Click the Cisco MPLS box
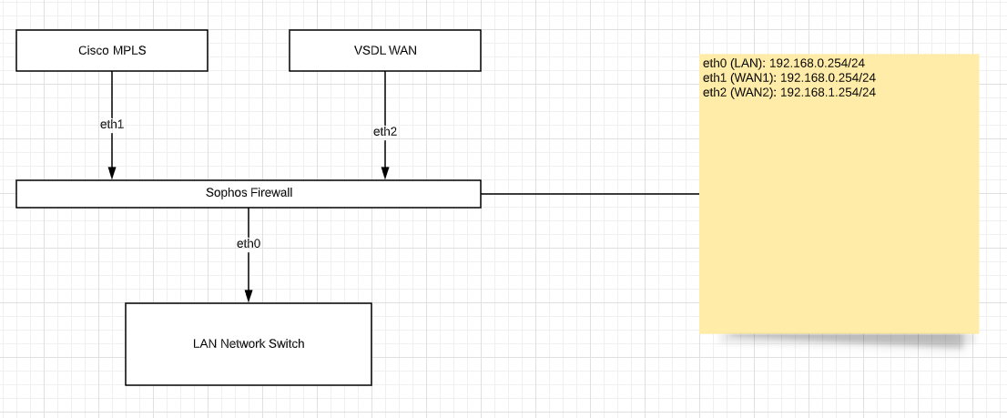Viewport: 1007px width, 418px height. coord(112,50)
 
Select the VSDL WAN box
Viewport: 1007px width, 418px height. coord(384,50)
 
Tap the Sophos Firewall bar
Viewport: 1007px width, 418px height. coord(249,193)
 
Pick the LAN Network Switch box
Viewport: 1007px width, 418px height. coord(248,343)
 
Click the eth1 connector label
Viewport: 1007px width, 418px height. coord(112,123)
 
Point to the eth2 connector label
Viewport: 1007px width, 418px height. coord(385,131)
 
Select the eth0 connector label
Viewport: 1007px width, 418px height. coord(249,243)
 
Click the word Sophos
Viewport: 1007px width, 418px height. coord(226,193)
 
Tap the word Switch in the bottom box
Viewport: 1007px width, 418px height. coord(286,343)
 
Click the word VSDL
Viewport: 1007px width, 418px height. coord(368,50)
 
